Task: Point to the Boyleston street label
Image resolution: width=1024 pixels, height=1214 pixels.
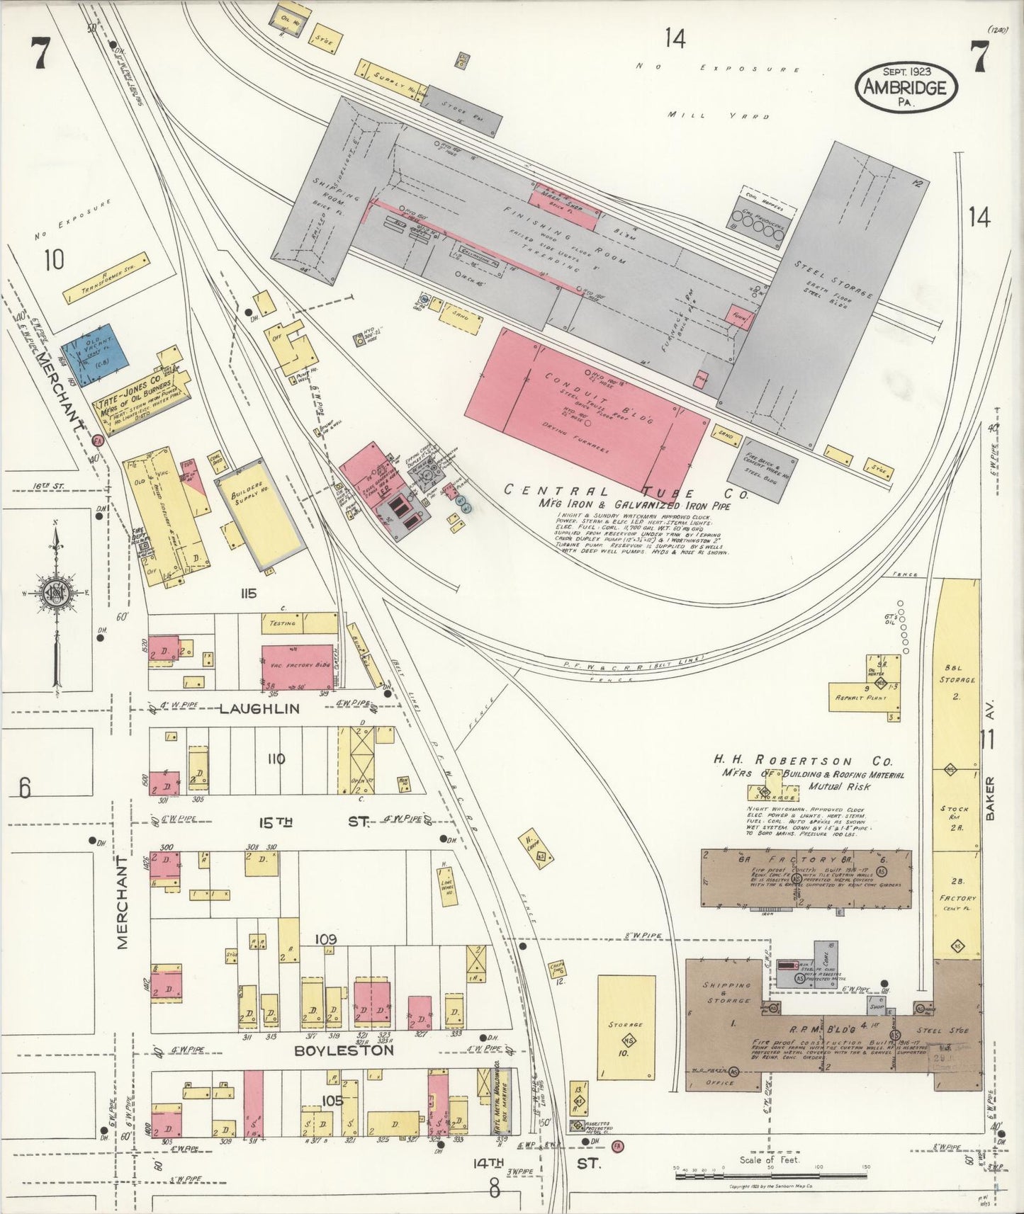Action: (344, 1050)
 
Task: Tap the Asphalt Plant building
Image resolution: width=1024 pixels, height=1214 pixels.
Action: (865, 696)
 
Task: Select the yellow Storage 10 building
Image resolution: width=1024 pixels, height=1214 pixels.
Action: (626, 1026)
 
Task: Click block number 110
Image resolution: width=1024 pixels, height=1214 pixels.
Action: (276, 759)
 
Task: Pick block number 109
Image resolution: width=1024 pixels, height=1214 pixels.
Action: (327, 939)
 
